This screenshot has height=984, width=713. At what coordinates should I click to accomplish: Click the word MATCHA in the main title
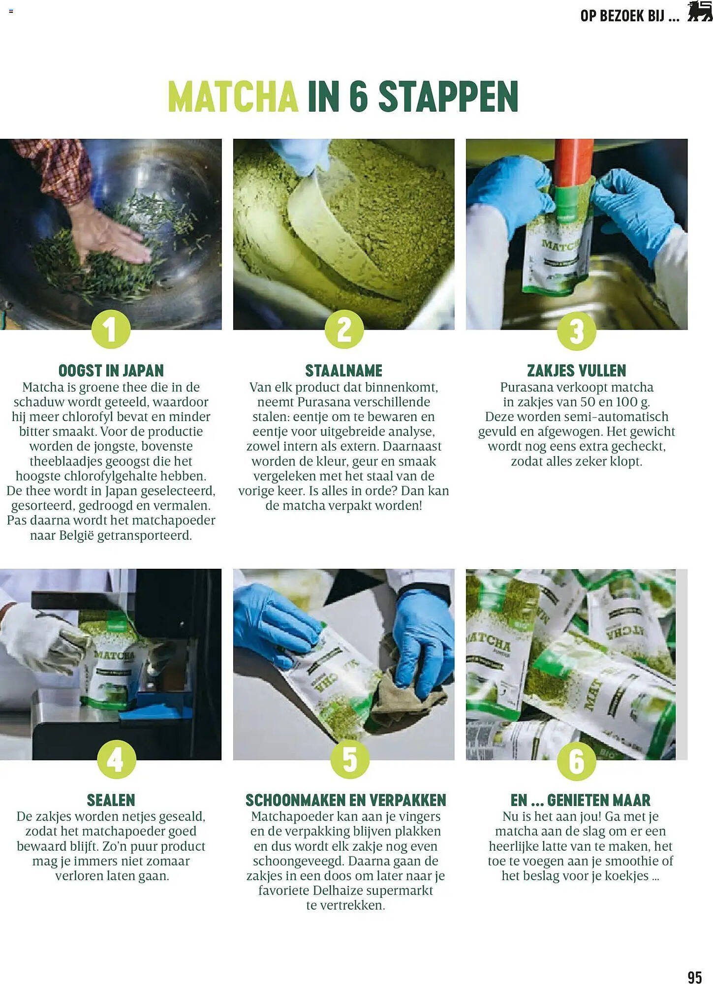pyautogui.click(x=233, y=96)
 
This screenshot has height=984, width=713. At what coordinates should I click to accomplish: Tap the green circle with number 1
pyautogui.click(x=111, y=329)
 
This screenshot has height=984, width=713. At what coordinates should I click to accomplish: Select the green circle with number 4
pyautogui.click(x=117, y=759)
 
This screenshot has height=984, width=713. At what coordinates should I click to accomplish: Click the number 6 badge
pyautogui.click(x=576, y=761)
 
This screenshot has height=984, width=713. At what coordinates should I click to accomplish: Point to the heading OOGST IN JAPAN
pyautogui.click(x=111, y=370)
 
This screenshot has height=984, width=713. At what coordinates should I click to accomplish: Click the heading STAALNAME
pyautogui.click(x=343, y=370)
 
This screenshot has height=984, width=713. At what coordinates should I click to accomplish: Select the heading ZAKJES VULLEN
pyautogui.click(x=576, y=370)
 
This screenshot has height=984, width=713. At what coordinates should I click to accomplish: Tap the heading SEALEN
pyautogui.click(x=111, y=800)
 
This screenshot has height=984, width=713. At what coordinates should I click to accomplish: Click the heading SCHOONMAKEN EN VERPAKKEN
pyautogui.click(x=345, y=800)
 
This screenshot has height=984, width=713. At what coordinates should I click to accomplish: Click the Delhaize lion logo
pyautogui.click(x=699, y=12)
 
